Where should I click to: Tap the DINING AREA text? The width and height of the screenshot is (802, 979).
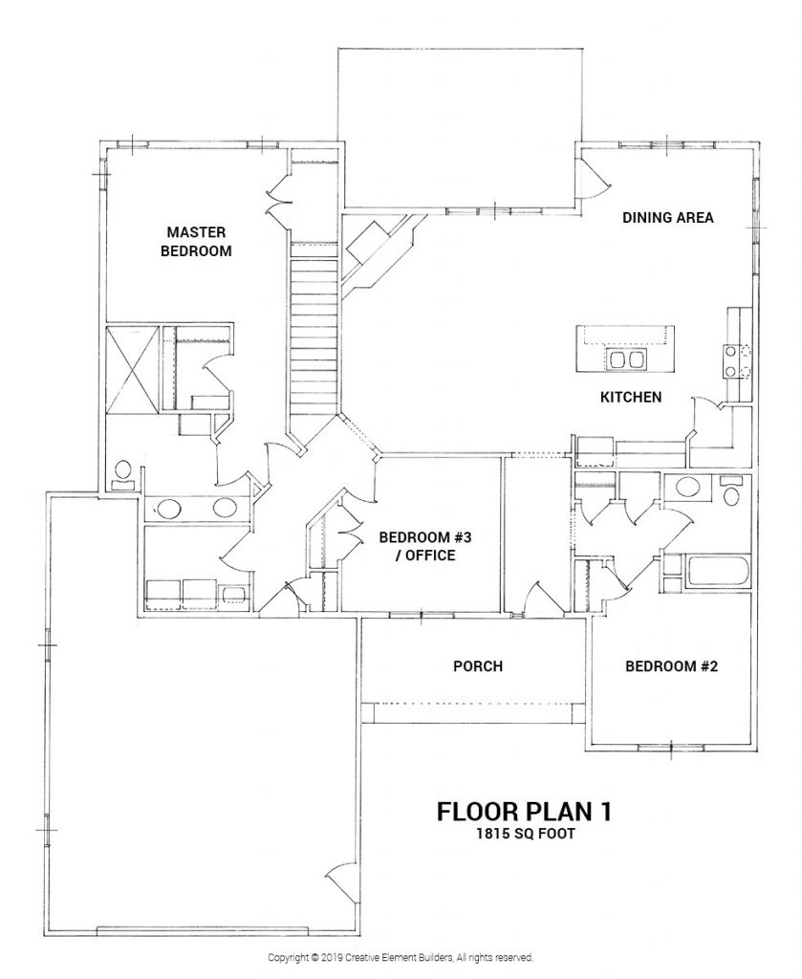(668, 218)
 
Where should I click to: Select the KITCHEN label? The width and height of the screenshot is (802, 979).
(631, 396)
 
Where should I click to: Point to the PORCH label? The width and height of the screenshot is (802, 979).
(477, 666)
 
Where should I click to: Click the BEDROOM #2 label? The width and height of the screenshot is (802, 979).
(671, 666)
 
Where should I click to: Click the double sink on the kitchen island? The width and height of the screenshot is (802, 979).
(625, 359)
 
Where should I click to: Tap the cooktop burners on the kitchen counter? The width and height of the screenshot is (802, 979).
(731, 359)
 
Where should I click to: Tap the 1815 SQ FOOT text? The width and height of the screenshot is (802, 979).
(525, 833)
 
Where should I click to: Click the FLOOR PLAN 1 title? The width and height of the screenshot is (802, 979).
(524, 811)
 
